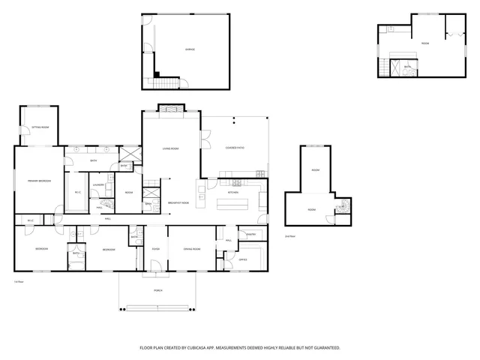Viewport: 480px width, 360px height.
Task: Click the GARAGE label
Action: (x=189, y=49)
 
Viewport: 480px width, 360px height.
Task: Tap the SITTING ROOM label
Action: (x=40, y=128)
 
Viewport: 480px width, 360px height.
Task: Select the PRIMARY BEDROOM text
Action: (x=38, y=181)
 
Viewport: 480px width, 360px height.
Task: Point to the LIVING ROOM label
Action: (x=171, y=148)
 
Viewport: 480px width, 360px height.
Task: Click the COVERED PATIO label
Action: (x=235, y=148)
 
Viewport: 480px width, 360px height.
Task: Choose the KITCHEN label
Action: (x=233, y=192)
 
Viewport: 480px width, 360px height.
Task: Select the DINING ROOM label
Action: (x=191, y=249)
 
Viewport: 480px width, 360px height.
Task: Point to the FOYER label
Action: (x=156, y=249)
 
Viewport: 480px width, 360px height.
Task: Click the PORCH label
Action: (x=157, y=289)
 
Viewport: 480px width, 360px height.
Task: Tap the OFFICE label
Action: (x=243, y=259)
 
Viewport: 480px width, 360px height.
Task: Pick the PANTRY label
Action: (x=251, y=235)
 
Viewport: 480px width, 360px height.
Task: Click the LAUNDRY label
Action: (x=98, y=184)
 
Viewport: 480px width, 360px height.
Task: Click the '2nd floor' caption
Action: (x=289, y=235)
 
